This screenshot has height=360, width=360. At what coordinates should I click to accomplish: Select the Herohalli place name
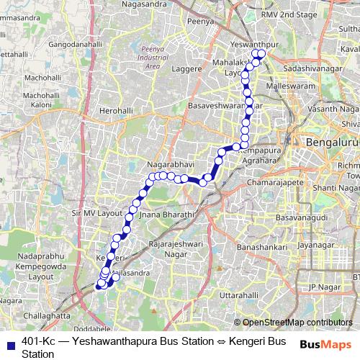pyautogui.click(x=117, y=112)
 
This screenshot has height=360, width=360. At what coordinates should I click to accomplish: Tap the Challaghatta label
pyautogui.click(x=47, y=315)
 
